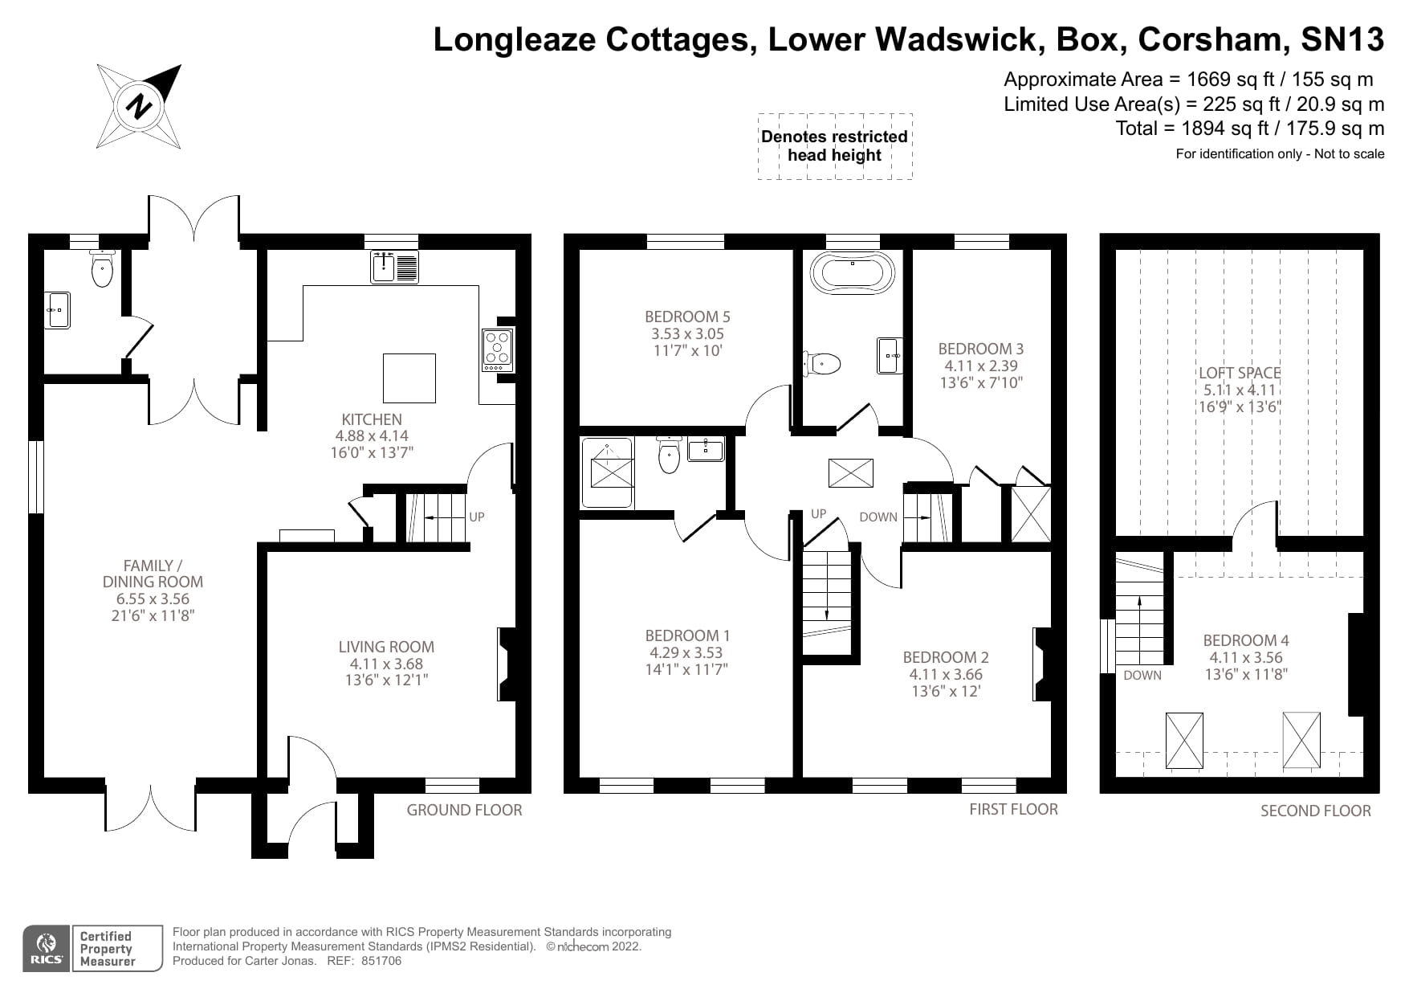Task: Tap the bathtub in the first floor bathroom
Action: pos(852,273)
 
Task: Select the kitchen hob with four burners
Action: pos(498,350)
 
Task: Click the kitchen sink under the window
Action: pos(394,267)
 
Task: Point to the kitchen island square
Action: pos(409,378)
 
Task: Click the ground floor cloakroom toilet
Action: pos(102,269)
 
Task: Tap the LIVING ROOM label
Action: pos(386,647)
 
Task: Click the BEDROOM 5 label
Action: pos(687,317)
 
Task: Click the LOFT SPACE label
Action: pos(1239,373)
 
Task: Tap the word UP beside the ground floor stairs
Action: pos(477,517)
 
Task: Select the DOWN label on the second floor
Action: pos(1142,675)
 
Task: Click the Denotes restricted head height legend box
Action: pos(834,146)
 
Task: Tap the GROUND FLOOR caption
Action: pos(464,810)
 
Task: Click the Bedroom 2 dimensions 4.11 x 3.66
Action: pos(945,674)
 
